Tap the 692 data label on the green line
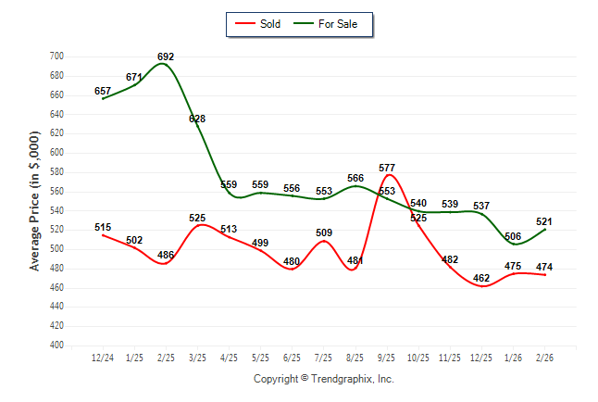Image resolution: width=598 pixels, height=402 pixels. pos(166,57)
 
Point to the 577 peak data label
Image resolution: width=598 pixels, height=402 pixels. pos(387,168)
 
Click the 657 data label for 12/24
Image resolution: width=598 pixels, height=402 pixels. pos(103,91)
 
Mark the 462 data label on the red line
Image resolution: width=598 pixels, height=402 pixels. pos(481,277)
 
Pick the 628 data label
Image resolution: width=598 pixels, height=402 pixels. pos(197,119)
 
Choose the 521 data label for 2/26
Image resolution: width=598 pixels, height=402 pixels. pos(544,221)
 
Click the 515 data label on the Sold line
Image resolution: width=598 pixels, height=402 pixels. pos(103,227)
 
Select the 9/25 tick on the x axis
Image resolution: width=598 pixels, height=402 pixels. pos(387,357)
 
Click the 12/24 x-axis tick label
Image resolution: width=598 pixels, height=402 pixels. pos(103,357)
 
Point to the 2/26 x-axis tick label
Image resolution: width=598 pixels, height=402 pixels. pos(544,357)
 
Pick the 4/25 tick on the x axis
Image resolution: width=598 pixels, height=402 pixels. pos(229,357)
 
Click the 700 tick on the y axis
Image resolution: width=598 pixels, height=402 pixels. pos(56,57)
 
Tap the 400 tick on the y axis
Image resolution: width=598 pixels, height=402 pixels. pos(56,345)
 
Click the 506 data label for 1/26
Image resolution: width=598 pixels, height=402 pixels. pos(513,236)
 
